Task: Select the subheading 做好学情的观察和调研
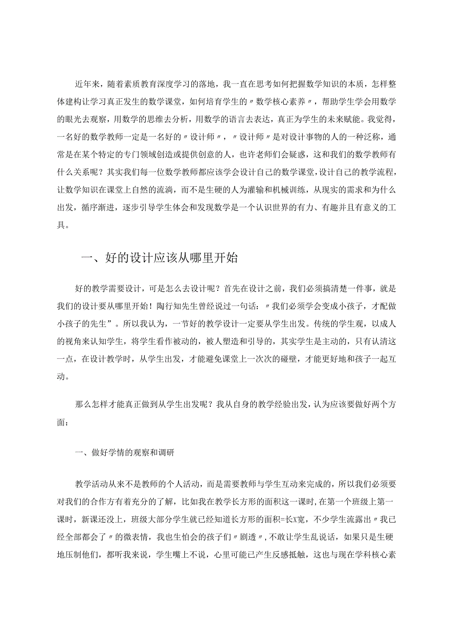tap(133, 453)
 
